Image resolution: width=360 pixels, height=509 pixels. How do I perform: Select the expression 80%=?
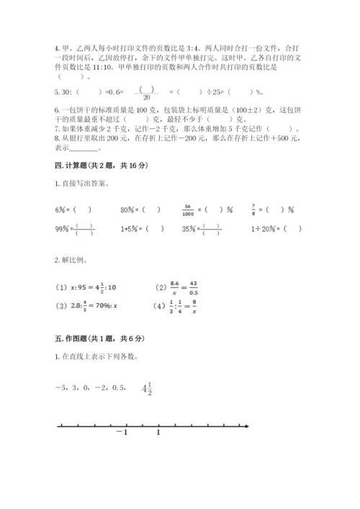click(129, 210)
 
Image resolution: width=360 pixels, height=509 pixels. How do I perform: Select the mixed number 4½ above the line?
click(148, 389)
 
